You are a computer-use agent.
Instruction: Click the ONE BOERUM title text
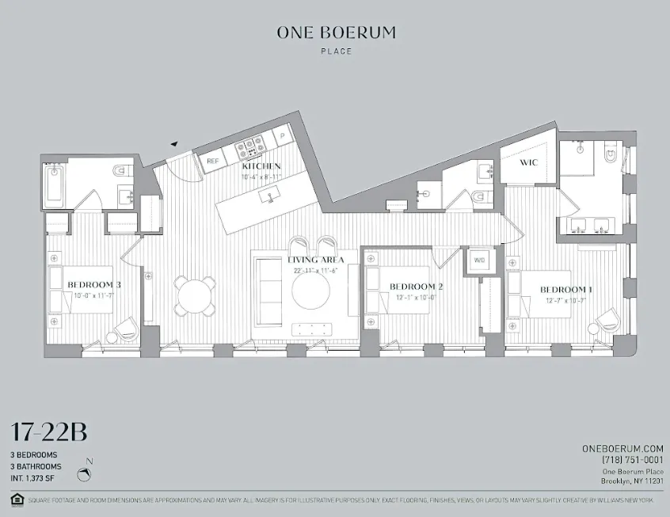[x=336, y=33]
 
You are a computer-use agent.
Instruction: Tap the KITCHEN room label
[x=261, y=165]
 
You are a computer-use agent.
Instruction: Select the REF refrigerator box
[x=212, y=161]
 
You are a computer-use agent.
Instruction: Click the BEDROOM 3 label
[x=93, y=285]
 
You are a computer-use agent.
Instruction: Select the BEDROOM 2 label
[x=415, y=287]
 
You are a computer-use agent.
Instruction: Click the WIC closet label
[x=529, y=162]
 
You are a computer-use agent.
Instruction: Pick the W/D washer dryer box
[x=479, y=260]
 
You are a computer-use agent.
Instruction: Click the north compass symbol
[x=86, y=474]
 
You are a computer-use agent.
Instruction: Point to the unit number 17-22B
[x=48, y=433]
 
